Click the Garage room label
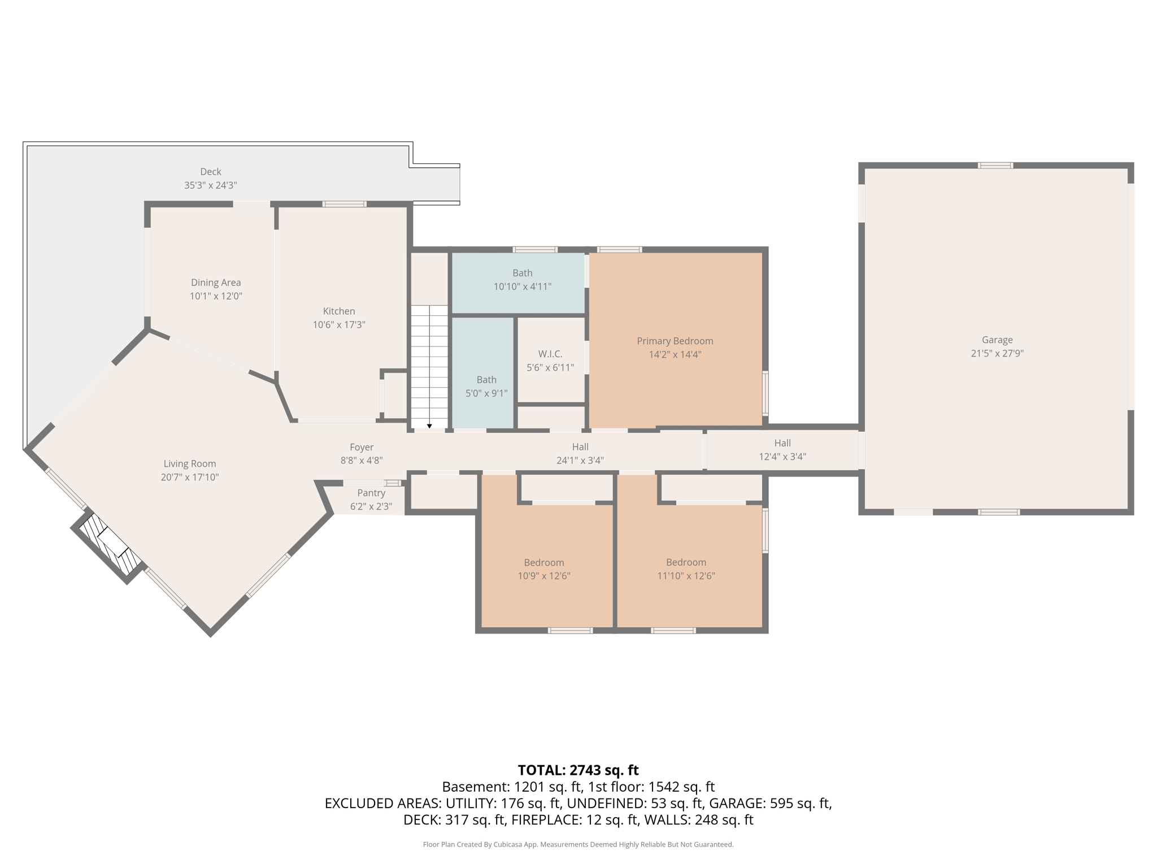(x=997, y=340)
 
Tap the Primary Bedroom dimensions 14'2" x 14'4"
(x=675, y=355)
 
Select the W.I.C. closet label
(x=550, y=354)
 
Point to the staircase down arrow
(x=429, y=426)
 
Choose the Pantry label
(x=371, y=493)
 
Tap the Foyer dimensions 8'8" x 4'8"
(x=361, y=461)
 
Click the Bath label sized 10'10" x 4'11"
(x=522, y=273)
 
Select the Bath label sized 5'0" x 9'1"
(x=486, y=380)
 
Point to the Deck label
(x=210, y=172)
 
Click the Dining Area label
(x=215, y=283)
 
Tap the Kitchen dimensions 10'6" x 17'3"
(x=338, y=325)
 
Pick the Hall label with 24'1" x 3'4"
(x=580, y=447)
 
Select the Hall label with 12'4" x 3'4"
(x=782, y=443)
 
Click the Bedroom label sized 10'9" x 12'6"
(x=543, y=562)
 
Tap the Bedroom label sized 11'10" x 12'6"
(x=685, y=562)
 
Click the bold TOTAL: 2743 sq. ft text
(x=578, y=770)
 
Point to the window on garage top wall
(x=995, y=166)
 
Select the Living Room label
(x=189, y=463)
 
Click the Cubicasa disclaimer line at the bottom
(x=578, y=844)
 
